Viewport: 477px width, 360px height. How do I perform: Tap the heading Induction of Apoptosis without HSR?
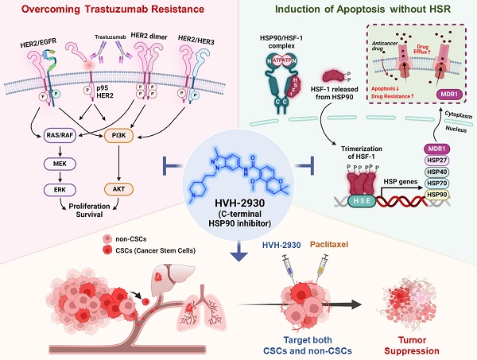365,10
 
